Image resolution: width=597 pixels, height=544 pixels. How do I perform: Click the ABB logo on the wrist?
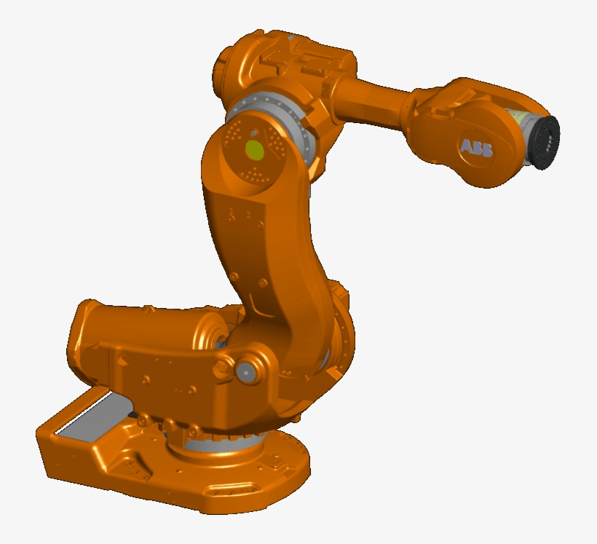click(x=476, y=147)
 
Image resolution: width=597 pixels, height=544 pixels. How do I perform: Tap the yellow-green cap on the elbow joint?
click(x=255, y=151)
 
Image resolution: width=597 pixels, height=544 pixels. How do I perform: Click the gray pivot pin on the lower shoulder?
click(x=245, y=373)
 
